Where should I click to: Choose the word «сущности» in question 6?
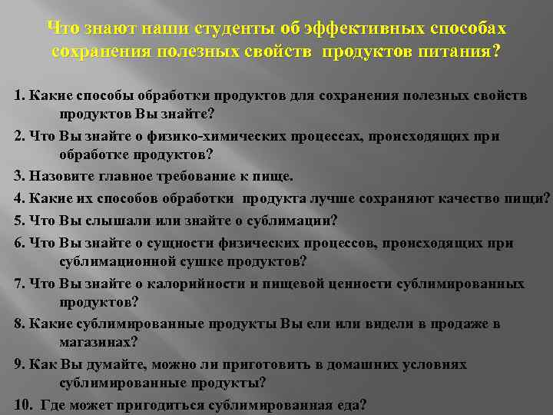pos(150,244)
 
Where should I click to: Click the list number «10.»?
pos(23,404)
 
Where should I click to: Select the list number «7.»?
pos(19,284)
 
